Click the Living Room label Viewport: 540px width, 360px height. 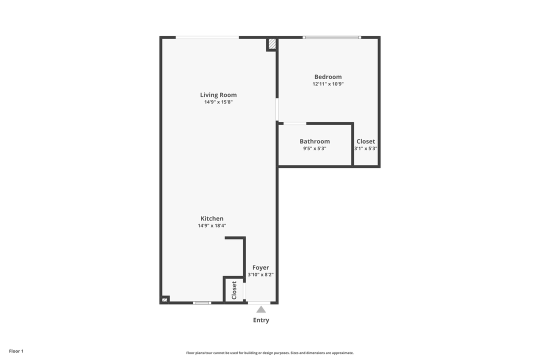(x=218, y=95)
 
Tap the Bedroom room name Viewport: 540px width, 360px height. (x=328, y=77)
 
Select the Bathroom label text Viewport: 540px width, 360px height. (x=314, y=141)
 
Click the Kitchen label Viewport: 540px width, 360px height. (x=212, y=218)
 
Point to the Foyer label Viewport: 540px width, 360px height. (x=260, y=267)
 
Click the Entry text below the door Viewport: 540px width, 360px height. (x=261, y=320)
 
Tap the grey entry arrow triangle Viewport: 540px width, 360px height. (x=261, y=309)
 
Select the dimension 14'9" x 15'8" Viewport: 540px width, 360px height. (x=218, y=102)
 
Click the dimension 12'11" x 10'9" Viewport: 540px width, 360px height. (x=328, y=84)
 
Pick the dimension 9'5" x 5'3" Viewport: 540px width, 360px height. (x=314, y=148)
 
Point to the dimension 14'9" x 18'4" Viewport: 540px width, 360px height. (x=212, y=225)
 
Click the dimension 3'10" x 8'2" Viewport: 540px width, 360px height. (x=260, y=274)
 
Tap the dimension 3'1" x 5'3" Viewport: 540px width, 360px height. (x=365, y=148)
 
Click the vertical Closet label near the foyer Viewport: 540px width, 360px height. (x=234, y=290)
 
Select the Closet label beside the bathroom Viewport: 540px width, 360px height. (x=365, y=141)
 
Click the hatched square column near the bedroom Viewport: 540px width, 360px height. (x=272, y=44)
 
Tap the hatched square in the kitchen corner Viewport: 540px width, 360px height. (x=164, y=300)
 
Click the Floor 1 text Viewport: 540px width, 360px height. (x=16, y=351)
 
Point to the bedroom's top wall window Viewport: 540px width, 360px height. (x=332, y=37)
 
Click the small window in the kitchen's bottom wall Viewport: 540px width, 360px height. (x=202, y=302)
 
